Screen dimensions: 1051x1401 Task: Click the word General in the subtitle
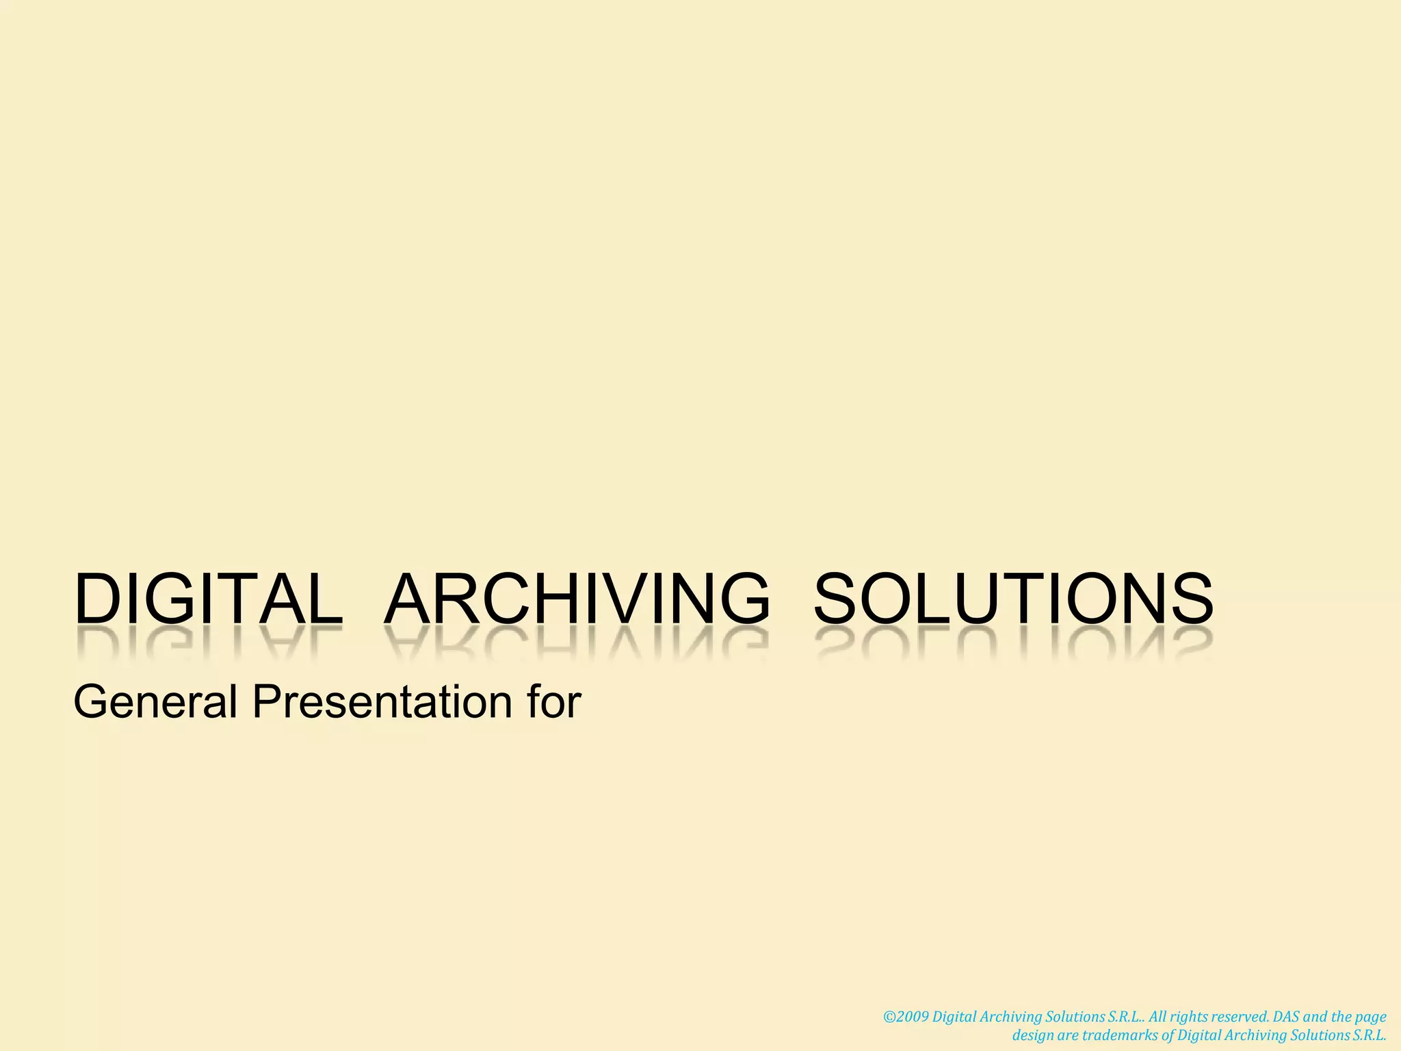click(x=156, y=702)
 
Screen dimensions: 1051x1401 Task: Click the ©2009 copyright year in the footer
click(x=906, y=1017)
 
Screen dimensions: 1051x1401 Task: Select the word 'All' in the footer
click(x=1159, y=1017)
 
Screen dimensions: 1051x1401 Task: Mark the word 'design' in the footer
click(x=1033, y=1036)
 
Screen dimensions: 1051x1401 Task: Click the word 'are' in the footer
click(x=1068, y=1035)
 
